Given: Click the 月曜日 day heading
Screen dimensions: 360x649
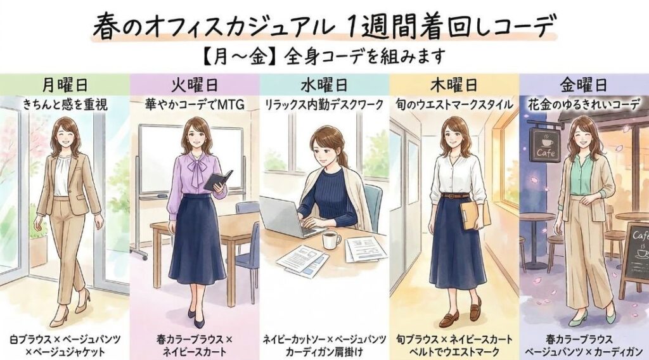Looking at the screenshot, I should (x=65, y=85).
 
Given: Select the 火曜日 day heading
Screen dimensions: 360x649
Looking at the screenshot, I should (x=195, y=85).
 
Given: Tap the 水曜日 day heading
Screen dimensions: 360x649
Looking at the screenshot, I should (x=324, y=85).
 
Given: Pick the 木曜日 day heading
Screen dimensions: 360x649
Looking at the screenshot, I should (x=454, y=85).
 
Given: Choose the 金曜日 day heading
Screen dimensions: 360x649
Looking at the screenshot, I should (x=583, y=85).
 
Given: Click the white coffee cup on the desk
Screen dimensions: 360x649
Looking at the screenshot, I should (x=331, y=240).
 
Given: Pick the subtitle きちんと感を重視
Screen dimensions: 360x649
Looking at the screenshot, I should (x=65, y=105).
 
